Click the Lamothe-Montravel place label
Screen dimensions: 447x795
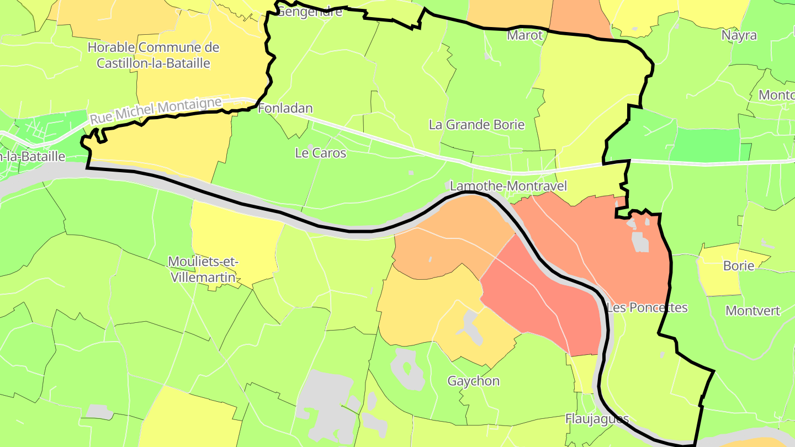pyautogui.click(x=508, y=186)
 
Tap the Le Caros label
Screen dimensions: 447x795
pyautogui.click(x=321, y=153)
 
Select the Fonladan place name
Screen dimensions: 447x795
pyautogui.click(x=285, y=108)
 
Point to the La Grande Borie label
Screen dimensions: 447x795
pyautogui.click(x=476, y=124)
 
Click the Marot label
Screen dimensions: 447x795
pyautogui.click(x=525, y=35)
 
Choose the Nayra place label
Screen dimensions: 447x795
pyautogui.click(x=739, y=35)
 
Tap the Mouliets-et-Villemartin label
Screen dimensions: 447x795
pyautogui.click(x=204, y=269)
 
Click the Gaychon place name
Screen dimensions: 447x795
pyautogui.click(x=473, y=381)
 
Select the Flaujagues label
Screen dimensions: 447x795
pyautogui.click(x=597, y=419)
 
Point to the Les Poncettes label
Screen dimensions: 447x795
pyautogui.click(x=647, y=307)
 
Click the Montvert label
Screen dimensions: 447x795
pyautogui.click(x=752, y=310)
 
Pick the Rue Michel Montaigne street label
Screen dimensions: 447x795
pyautogui.click(x=156, y=110)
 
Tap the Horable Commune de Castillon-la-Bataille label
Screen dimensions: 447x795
pyautogui.click(x=153, y=55)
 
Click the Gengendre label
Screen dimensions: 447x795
pyautogui.click(x=309, y=12)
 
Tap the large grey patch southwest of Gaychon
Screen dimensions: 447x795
pyautogui.click(x=326, y=403)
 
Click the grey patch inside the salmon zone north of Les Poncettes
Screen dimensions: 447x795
pyautogui.click(x=640, y=242)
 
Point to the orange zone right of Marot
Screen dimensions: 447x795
pyautogui.click(x=577, y=17)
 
